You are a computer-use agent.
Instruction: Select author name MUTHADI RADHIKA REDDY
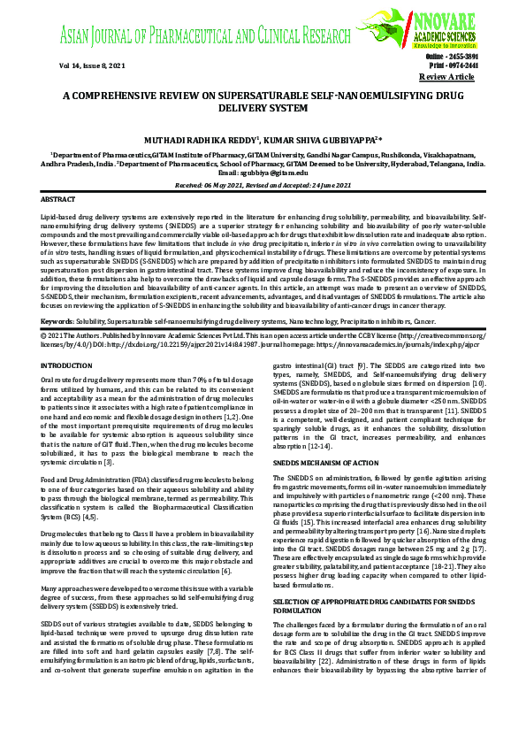[x=202, y=140]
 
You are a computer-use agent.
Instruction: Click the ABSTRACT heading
[x=58, y=201]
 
